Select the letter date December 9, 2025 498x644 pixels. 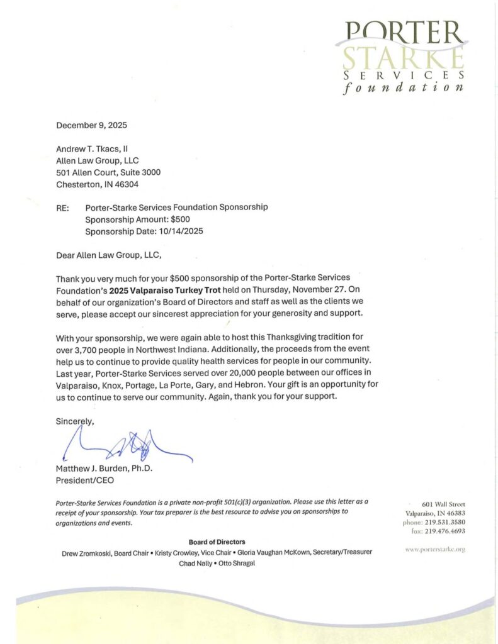tap(91, 125)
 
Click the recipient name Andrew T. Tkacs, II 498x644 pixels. tap(92, 149)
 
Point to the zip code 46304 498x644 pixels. tap(125, 184)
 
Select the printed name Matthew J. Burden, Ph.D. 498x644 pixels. tap(105, 469)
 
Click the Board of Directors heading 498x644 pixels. tap(217, 541)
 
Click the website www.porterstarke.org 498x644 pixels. tap(435, 549)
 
